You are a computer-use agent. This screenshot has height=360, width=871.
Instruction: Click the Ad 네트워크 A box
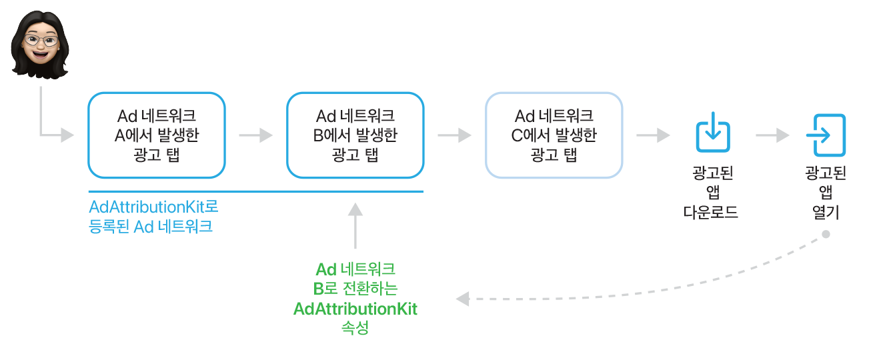[157, 135]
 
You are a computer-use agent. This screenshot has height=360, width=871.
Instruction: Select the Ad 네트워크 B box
[355, 135]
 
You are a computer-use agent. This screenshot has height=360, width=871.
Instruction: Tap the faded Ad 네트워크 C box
[554, 135]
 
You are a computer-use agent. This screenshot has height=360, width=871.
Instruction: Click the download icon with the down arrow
[712, 131]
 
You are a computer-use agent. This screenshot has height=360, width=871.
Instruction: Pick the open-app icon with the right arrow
[826, 135]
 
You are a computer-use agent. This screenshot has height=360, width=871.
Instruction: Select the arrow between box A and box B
[256, 135]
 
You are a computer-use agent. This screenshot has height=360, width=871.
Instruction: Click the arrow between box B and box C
[455, 135]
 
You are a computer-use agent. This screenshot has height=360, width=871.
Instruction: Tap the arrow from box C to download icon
[653, 135]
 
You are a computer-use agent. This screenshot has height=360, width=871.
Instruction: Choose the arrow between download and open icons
[772, 135]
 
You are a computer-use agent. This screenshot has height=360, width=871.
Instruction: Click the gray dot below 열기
[826, 235]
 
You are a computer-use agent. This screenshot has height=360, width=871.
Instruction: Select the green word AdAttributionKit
[355, 309]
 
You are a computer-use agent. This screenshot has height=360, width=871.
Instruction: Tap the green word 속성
[355, 328]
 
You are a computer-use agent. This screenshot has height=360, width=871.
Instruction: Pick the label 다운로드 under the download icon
[712, 213]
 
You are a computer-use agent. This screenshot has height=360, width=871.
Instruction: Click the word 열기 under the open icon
[826, 213]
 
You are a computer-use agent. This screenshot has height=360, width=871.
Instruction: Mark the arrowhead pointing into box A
[67, 135]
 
